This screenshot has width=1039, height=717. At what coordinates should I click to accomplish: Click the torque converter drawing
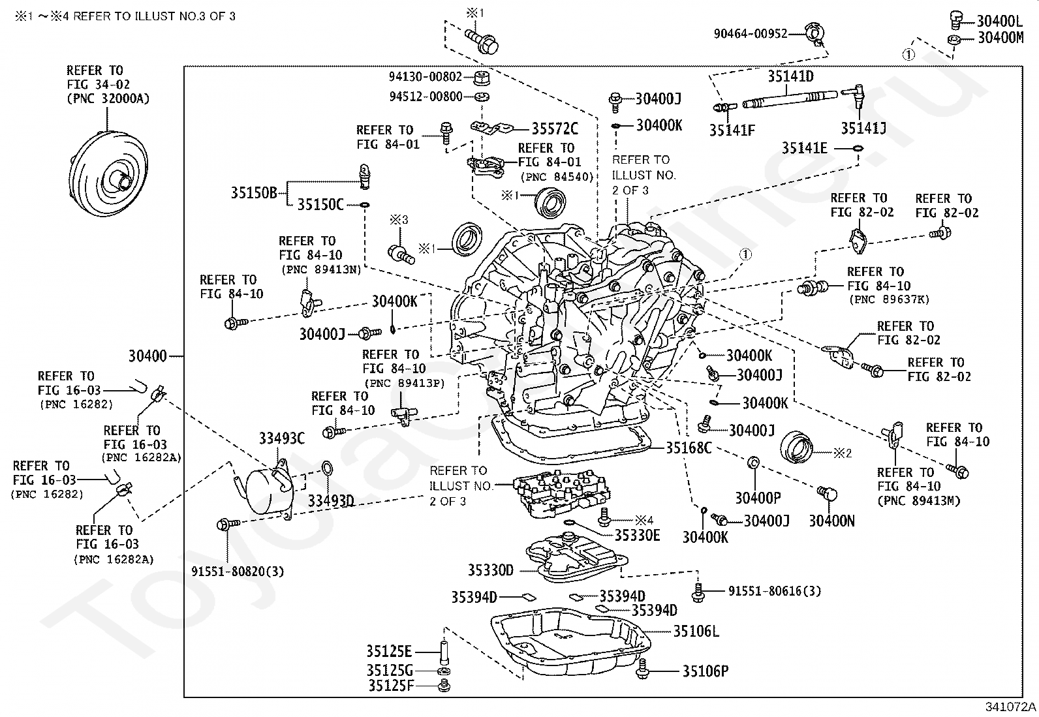tap(108, 174)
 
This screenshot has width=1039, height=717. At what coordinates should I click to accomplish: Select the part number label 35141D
tap(790, 76)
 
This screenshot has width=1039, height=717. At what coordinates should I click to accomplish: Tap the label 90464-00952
tap(751, 33)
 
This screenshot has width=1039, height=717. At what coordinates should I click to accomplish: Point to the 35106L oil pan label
tap(696, 631)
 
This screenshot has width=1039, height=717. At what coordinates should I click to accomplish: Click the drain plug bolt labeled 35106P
tap(642, 669)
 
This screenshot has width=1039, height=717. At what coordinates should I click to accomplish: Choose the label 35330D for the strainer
tap(490, 570)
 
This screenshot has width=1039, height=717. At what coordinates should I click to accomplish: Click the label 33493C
tap(281, 438)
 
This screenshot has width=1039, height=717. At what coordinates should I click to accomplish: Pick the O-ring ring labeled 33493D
tap(326, 468)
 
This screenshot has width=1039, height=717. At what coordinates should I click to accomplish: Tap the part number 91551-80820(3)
tap(238, 572)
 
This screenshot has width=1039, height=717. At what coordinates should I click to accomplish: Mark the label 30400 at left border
tap(147, 356)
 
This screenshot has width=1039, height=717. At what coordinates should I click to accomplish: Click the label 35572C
tap(555, 129)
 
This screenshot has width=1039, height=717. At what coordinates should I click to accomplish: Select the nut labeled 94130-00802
tap(482, 78)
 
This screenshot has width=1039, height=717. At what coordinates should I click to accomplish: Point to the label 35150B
tap(254, 192)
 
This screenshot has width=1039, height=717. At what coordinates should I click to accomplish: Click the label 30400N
tap(831, 521)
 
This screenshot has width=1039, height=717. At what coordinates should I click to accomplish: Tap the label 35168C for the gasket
tap(689, 448)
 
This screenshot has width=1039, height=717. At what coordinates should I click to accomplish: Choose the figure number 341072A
tap(1010, 707)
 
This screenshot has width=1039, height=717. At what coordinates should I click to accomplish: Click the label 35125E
tap(389, 652)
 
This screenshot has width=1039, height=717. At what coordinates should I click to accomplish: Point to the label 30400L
tap(1000, 22)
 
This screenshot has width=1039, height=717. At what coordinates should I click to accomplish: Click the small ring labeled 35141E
tap(858, 148)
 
